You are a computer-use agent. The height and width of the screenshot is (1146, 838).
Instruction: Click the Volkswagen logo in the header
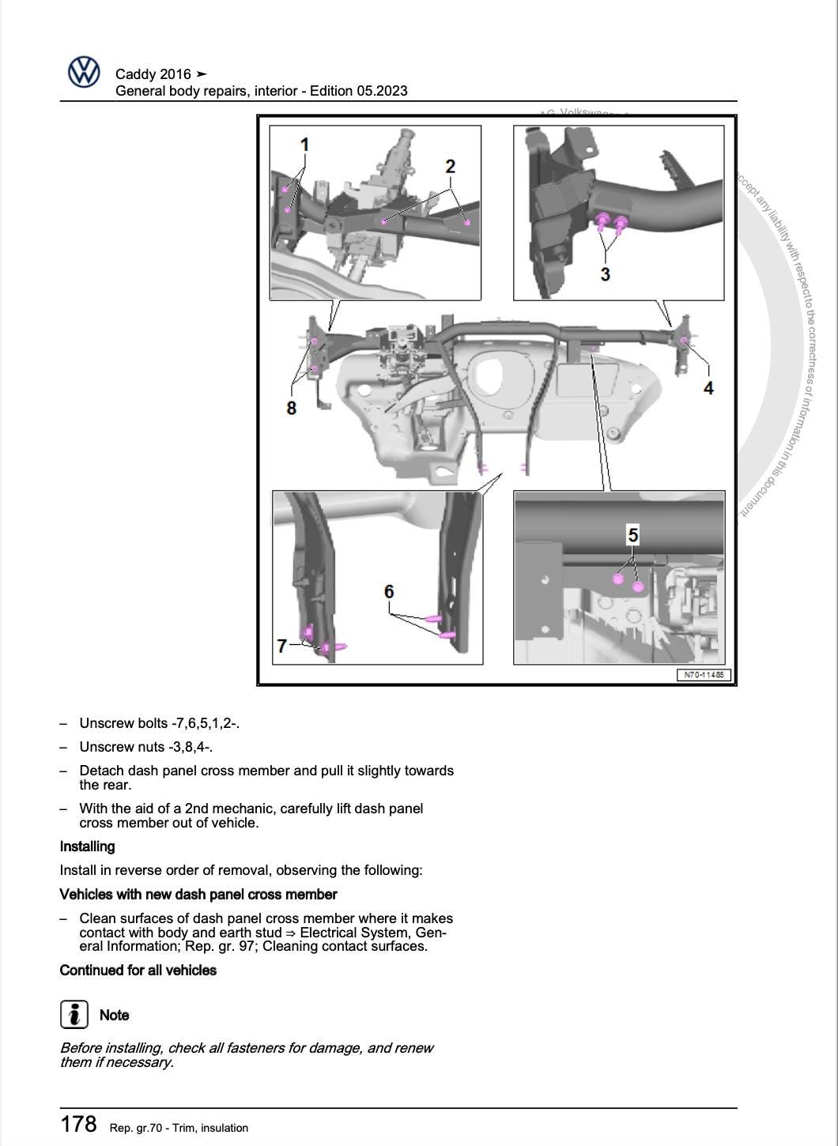(x=84, y=72)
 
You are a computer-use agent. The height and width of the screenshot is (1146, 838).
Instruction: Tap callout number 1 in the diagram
(x=304, y=145)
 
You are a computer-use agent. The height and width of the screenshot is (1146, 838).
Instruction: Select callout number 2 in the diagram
(x=450, y=167)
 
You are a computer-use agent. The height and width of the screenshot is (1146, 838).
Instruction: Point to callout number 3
(x=605, y=274)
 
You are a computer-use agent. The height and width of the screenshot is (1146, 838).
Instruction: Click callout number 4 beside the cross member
(x=708, y=388)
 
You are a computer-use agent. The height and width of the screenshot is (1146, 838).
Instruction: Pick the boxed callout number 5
(x=632, y=535)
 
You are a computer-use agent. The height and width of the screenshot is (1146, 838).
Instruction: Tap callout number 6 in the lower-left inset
(x=389, y=591)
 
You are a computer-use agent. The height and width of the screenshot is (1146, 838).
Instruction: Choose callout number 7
(x=281, y=646)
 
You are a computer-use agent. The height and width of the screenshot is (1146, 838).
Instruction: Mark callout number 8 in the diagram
(x=291, y=408)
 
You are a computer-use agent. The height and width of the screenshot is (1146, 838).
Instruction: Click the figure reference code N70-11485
(x=704, y=675)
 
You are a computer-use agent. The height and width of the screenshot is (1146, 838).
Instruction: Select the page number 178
(x=78, y=1124)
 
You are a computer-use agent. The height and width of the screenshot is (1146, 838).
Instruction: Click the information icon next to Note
(x=74, y=1014)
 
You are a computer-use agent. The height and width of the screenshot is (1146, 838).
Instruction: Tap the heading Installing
(x=87, y=846)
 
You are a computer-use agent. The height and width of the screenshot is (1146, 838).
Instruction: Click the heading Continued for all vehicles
(x=138, y=970)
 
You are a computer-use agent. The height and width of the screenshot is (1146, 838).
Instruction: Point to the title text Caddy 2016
(x=153, y=74)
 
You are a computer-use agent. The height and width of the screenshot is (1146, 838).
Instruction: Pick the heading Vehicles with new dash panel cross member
(x=198, y=895)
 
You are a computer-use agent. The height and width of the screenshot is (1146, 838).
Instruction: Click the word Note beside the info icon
(x=114, y=1015)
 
